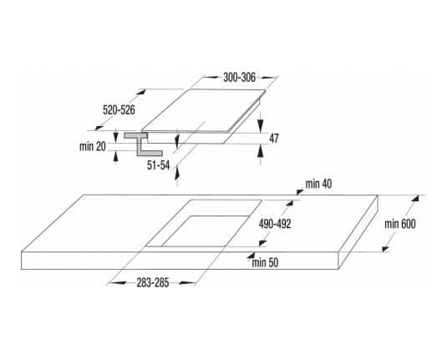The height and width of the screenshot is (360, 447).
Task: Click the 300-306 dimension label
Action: pos(240,78)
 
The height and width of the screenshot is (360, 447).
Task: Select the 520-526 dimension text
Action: pos(119,110)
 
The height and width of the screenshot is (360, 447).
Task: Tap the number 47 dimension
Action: pos(274,139)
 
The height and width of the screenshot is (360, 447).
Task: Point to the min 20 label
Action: pos(93,146)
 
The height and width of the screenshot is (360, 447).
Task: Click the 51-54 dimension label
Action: pos(158,165)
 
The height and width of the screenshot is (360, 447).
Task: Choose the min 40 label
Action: pos(318,184)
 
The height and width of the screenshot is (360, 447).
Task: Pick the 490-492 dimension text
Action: pos(275,225)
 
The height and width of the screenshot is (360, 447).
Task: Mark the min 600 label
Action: pos(400,224)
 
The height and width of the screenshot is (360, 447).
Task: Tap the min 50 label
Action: pos(265,263)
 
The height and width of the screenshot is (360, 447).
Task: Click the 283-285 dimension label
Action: pos(153,283)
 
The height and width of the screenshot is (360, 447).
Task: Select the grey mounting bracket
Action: pos(143,145)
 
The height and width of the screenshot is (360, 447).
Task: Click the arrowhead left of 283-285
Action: pos(118,283)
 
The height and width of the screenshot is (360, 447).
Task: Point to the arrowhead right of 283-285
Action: pos(186,283)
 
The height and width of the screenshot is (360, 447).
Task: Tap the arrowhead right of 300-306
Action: pos(269,77)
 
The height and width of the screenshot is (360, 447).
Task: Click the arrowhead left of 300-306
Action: pos(213,77)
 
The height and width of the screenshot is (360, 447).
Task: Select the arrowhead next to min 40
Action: pos(300,192)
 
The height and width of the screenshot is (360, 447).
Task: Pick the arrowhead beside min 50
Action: pos(251,256)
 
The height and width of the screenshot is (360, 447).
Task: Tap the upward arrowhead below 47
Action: pos(261,151)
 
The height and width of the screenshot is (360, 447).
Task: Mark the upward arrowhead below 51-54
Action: pos(177,173)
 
